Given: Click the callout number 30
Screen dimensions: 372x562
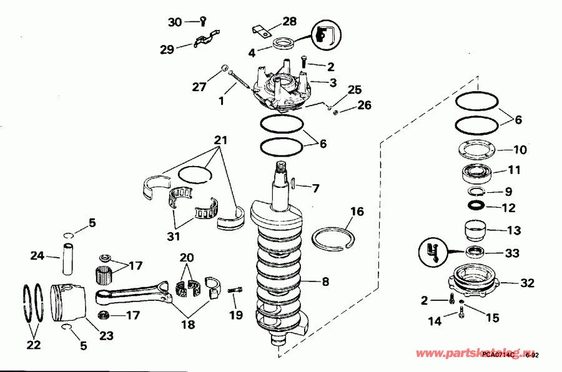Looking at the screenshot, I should pos(175,22).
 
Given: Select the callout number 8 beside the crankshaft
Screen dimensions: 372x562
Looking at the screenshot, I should pos(325,281).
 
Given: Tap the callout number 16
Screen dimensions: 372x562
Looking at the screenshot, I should pos(357,212).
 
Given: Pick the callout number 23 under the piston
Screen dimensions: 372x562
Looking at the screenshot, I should pos(106,336).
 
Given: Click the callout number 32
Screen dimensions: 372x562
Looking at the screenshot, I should pos(528,283).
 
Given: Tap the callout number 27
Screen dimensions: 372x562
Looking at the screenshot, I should pos(199,87).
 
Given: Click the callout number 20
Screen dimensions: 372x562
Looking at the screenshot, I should pos(187,258).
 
